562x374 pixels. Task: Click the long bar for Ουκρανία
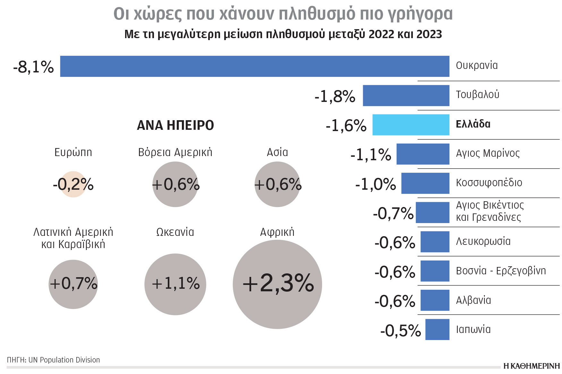(x=255, y=66)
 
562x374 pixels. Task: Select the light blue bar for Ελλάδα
(x=411, y=125)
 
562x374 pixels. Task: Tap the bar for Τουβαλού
(x=406, y=96)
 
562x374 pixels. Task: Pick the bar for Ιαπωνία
(x=437, y=329)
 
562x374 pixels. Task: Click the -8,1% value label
(x=33, y=67)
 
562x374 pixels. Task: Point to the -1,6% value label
(x=346, y=125)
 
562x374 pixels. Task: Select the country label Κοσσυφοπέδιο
(x=489, y=183)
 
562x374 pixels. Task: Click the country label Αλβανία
(x=473, y=300)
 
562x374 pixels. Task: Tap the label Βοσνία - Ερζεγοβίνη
(x=501, y=271)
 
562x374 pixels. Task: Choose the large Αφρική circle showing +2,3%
(x=277, y=284)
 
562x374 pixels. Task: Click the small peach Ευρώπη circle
(x=73, y=184)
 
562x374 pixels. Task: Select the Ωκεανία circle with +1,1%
(x=175, y=284)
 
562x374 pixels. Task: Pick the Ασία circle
(x=277, y=184)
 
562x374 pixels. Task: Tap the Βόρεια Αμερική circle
(x=175, y=184)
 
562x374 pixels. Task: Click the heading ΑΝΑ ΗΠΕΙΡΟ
(x=175, y=125)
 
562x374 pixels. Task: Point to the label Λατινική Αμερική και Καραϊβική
(x=73, y=238)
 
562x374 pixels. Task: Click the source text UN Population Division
(x=64, y=360)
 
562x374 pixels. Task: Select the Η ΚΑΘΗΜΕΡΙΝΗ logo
(x=531, y=366)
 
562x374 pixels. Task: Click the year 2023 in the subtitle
(x=429, y=34)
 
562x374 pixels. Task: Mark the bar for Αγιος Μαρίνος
(x=423, y=154)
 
